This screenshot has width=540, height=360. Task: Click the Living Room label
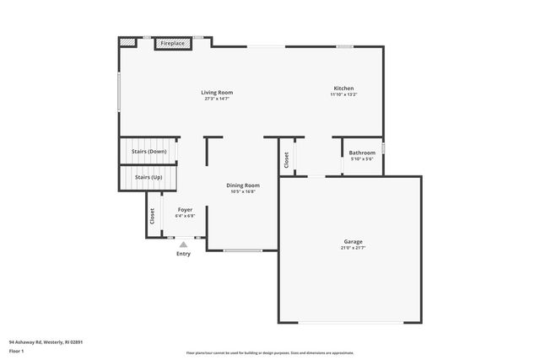click(217, 92)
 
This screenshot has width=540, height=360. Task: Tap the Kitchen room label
click(343, 88)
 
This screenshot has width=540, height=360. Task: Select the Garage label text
click(353, 241)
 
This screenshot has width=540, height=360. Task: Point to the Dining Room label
click(243, 185)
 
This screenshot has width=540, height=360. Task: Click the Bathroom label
click(362, 153)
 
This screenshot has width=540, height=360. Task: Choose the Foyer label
click(185, 209)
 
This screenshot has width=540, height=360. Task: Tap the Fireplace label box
click(173, 43)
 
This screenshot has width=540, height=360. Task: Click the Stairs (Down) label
click(149, 152)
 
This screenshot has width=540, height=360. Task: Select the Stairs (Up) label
click(149, 177)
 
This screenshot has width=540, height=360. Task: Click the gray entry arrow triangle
click(183, 244)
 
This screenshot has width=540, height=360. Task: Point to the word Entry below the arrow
click(183, 254)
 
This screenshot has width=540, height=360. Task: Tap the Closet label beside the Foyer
click(153, 216)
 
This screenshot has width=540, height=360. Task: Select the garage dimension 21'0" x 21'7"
click(353, 248)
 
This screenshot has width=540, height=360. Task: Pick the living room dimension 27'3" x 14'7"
click(217, 99)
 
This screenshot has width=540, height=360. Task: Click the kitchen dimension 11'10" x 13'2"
click(343, 94)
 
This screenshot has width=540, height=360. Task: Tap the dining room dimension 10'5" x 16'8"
click(243, 191)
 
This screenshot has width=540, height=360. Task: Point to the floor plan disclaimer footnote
click(270, 353)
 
